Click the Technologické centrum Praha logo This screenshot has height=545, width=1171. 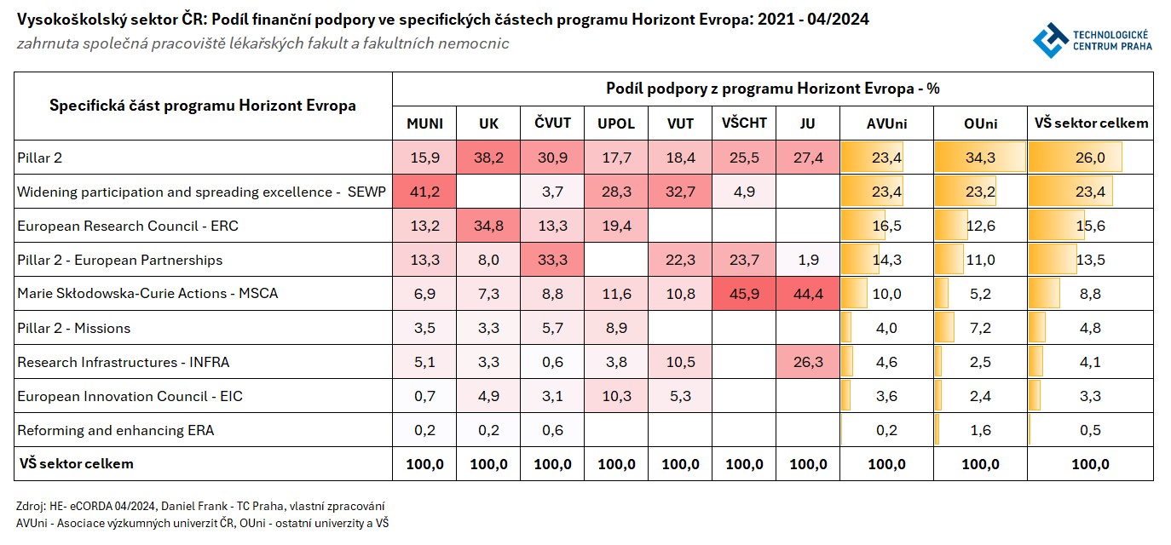pos(1092,38)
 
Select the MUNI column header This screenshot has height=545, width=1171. pos(424,123)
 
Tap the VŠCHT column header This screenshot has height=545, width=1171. pos(744,123)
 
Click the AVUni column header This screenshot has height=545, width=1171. pos(886,123)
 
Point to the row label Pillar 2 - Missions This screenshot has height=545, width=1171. pos(74,328)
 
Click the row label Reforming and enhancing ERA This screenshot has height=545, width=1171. pos(115,430)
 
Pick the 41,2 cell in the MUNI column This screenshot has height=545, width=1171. pos(424,192)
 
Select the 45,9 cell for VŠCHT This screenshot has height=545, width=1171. pos(744,294)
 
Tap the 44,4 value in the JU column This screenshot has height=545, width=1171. pos(808,294)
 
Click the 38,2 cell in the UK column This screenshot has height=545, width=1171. pos(488,158)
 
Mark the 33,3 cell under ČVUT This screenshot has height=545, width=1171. pos(552,260)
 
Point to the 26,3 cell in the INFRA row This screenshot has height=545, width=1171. pos(808,362)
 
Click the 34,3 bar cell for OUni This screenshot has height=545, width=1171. pos(980,158)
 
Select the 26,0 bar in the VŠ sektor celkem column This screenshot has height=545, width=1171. pos(1090,158)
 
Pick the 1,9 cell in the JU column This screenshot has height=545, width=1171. pos(808,260)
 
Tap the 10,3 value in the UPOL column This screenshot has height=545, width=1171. pos(616,396)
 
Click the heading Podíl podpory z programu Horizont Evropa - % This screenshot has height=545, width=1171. pos(772,89)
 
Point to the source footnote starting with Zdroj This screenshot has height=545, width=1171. pos(200,506)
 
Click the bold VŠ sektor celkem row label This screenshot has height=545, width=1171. pos(76,464)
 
